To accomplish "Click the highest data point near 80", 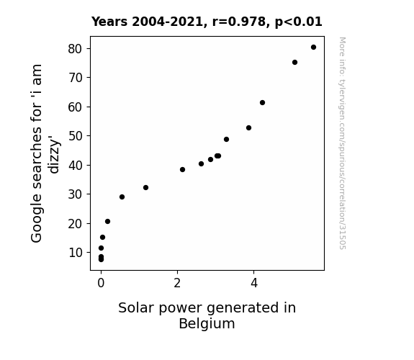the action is tap(313, 48).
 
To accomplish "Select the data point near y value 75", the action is tap(294, 63).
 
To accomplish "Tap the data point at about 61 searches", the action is tap(262, 102).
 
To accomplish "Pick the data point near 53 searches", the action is tap(248, 128).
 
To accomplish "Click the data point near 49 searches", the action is tap(226, 139).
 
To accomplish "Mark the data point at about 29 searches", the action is tap(122, 197).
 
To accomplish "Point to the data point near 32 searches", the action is tap(145, 187).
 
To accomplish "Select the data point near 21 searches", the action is tap(107, 221).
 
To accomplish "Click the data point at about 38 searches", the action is tap(182, 170).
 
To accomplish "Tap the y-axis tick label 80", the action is tap(76, 49).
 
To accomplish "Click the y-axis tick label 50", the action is tap(76, 136).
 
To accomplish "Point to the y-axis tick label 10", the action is tap(76, 253).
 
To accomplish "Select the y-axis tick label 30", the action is tap(76, 194).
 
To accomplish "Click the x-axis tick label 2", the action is tap(177, 283).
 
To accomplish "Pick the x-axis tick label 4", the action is tap(253, 283).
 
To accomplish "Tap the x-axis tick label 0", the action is tap(101, 283).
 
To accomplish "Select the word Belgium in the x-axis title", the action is tap(207, 323).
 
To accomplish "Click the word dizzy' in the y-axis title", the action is tap(54, 155).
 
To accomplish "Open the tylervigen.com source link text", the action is tap(342, 143).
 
